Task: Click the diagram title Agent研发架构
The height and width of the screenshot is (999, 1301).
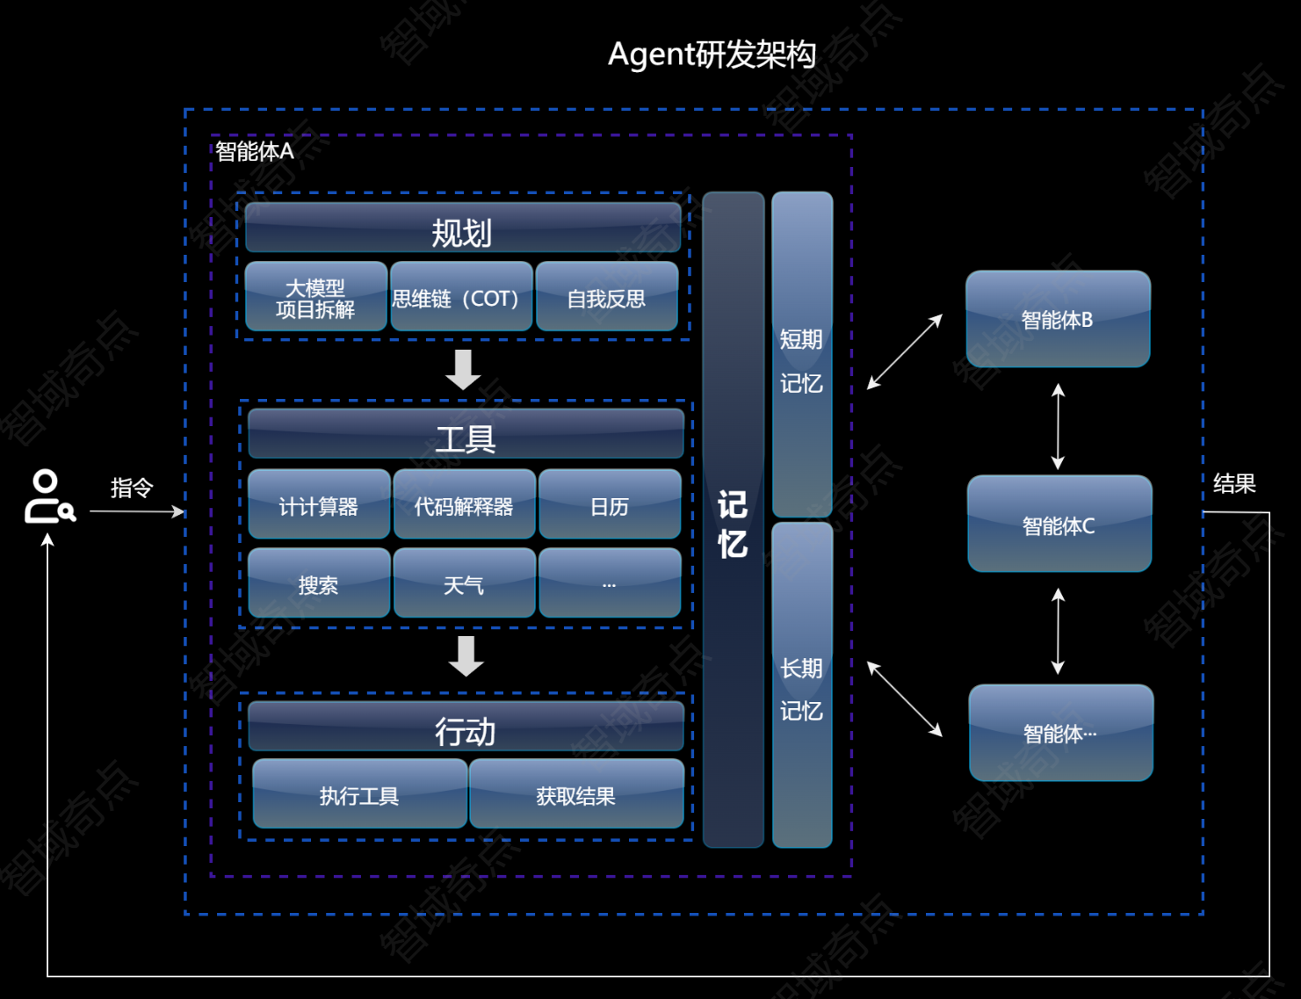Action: [712, 54]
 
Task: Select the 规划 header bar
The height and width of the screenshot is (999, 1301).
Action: [463, 228]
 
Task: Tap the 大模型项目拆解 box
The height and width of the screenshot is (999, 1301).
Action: [315, 297]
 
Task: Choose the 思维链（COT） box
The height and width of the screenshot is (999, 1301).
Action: [461, 297]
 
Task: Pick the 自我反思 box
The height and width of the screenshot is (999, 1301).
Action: [607, 297]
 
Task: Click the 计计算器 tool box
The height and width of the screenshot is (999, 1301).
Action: [319, 504]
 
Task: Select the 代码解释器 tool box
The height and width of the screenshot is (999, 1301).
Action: [464, 504]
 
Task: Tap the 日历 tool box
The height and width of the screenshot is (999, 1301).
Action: [610, 504]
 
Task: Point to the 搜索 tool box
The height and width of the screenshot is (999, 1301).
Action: [319, 583]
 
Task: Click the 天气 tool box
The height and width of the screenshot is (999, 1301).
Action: [464, 583]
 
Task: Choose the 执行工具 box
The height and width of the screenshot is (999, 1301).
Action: [359, 794]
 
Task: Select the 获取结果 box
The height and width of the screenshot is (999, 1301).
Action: [576, 794]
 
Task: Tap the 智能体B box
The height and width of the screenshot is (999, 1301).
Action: [1058, 319]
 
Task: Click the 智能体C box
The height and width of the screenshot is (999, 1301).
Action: [1059, 525]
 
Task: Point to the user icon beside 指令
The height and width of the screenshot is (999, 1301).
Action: [47, 497]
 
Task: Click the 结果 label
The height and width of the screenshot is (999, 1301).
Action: [1234, 483]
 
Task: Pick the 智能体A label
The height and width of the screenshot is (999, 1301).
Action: [255, 152]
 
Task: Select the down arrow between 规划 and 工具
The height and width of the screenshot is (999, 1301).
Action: [463, 369]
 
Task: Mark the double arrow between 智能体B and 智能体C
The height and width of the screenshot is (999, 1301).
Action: [1059, 426]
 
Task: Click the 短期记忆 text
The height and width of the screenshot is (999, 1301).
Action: [801, 360]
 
